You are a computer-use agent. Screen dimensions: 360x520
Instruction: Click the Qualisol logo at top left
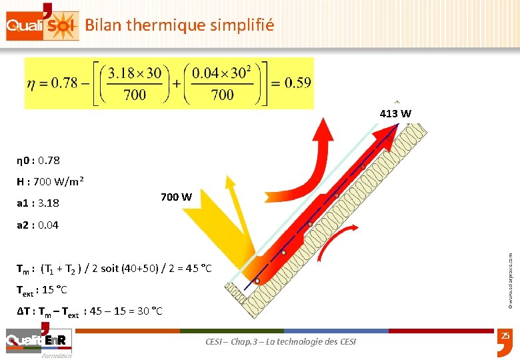pos(41,25)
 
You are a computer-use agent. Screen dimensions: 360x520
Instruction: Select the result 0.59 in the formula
pos(297,83)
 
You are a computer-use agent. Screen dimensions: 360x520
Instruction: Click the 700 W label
pos(176,197)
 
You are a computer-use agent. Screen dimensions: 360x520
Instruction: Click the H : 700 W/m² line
pos(49,181)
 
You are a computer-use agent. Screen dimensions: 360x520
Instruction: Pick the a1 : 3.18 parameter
pos(38,202)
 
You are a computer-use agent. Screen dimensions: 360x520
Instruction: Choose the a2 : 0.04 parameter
pos(38,225)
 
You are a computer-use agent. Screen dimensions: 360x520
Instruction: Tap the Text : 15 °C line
pos(42,290)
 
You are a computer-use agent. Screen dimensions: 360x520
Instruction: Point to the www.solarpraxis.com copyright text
pos(510,273)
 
